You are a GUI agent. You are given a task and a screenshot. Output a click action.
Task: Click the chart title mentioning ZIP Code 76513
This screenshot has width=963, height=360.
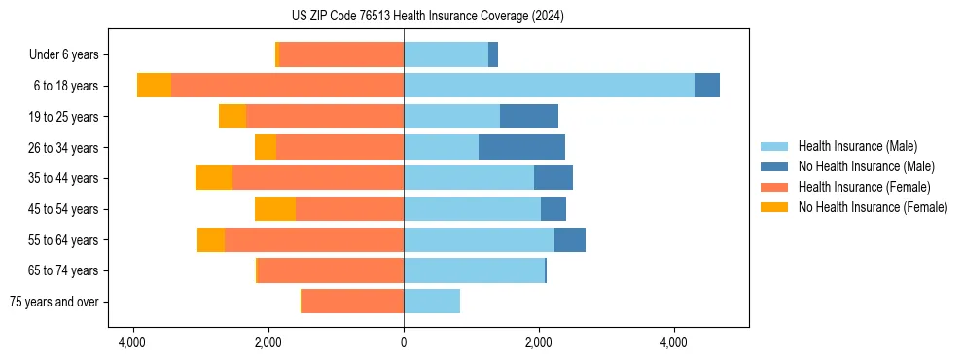point(427,17)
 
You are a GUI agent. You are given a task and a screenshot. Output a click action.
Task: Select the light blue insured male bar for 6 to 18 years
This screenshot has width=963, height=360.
point(549,86)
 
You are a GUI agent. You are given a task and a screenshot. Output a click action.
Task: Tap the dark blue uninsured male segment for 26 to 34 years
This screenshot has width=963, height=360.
point(521,147)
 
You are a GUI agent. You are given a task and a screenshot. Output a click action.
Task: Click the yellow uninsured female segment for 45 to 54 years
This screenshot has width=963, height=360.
point(275,209)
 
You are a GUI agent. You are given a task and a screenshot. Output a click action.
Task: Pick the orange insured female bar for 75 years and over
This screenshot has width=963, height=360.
point(352,302)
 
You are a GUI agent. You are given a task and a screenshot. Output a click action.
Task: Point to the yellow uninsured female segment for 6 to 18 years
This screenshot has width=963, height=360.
point(154,86)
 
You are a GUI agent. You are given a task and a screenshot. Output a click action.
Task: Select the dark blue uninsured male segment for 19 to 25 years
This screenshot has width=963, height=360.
point(529,117)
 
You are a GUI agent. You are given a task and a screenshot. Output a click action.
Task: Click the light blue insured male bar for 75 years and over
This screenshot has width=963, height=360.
point(432,302)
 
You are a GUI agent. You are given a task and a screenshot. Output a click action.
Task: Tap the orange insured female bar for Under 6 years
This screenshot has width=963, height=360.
point(341,54)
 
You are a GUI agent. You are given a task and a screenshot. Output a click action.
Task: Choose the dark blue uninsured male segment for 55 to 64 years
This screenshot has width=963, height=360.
point(570,240)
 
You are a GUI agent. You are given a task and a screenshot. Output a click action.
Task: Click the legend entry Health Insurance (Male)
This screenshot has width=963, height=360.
point(857,146)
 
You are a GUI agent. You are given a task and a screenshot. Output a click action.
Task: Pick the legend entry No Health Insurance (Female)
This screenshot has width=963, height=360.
point(873,207)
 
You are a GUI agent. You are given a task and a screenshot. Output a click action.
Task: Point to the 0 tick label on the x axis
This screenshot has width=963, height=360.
point(404,342)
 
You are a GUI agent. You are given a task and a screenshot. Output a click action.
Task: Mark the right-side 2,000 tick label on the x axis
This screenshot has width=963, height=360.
point(539,342)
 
